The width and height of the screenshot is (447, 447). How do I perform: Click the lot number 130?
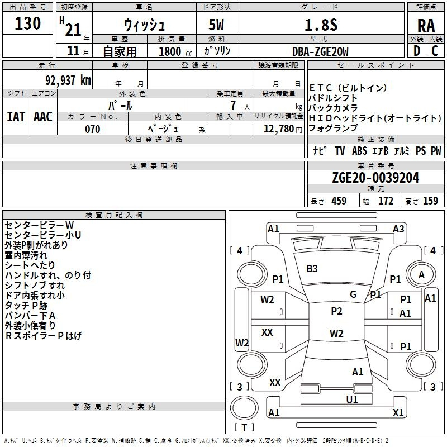click(x=27, y=23)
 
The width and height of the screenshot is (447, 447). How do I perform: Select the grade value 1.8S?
click(x=321, y=25)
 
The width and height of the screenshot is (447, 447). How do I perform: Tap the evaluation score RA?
click(x=426, y=26)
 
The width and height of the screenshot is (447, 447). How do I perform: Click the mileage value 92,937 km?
click(x=68, y=80)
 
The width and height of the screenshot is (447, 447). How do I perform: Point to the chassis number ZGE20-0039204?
click(x=375, y=178)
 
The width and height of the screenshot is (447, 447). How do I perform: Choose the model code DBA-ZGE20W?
click(x=320, y=51)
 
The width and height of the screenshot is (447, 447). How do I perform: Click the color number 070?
click(x=93, y=129)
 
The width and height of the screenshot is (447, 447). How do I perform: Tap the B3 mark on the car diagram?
click(x=312, y=269)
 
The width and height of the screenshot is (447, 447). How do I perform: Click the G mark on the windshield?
click(x=353, y=294)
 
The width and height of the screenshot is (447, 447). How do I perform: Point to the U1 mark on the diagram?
click(x=352, y=400)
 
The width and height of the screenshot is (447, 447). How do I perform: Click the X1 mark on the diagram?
click(x=398, y=412)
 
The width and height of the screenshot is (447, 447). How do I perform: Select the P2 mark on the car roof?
click(x=336, y=311)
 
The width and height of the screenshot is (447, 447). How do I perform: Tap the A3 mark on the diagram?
click(x=398, y=229)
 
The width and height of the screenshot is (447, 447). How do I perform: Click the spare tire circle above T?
click(x=244, y=408)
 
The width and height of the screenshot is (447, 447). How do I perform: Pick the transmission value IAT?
click(x=16, y=117)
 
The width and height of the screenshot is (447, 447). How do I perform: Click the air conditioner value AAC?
click(x=43, y=117)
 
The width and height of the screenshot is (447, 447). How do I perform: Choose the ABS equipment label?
click(x=359, y=151)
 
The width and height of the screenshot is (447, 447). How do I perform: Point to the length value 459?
click(x=339, y=201)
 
